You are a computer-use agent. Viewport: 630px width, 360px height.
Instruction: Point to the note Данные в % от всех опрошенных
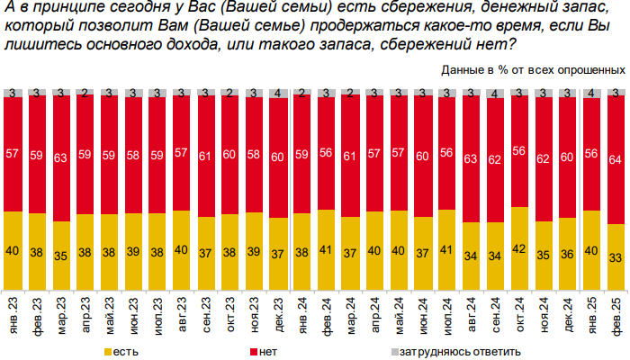[534, 68]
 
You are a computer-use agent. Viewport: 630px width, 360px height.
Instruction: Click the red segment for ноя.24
[543, 157]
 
